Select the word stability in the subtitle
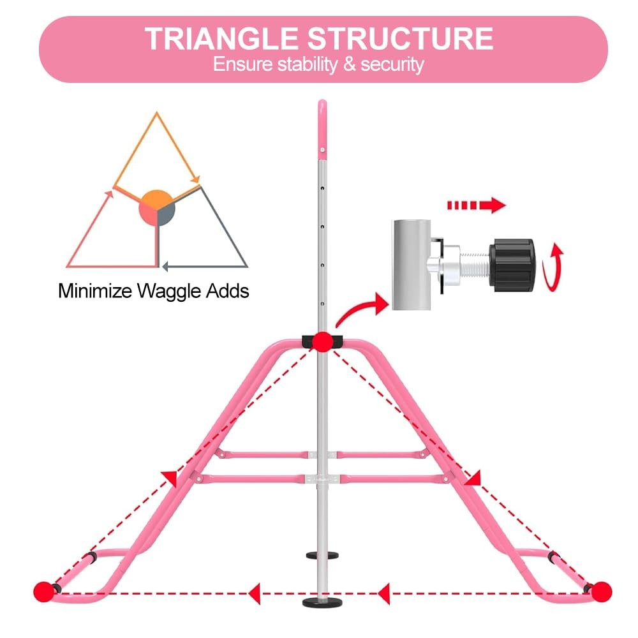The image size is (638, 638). (313, 64)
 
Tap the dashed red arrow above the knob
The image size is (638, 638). (475, 205)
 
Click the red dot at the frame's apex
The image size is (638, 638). (322, 342)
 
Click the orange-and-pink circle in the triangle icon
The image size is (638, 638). (156, 207)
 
